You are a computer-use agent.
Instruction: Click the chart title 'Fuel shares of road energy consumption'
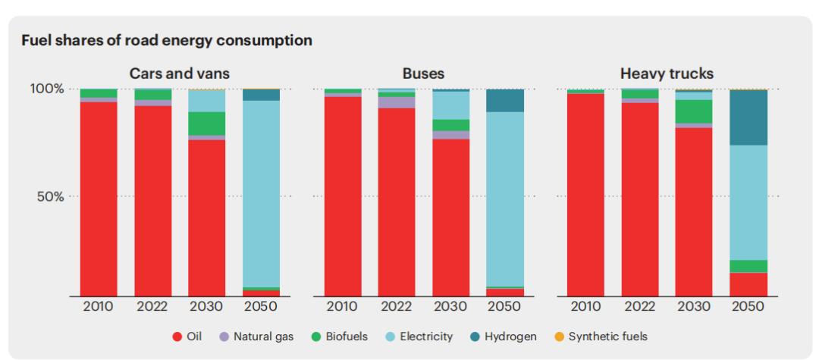pyautogui.click(x=168, y=41)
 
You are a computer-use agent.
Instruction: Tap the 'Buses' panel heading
pyautogui.click(x=423, y=74)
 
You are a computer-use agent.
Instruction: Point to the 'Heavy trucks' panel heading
pyautogui.click(x=667, y=74)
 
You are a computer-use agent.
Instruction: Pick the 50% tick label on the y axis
pyautogui.click(x=49, y=196)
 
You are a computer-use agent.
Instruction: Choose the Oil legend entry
pyautogui.click(x=187, y=336)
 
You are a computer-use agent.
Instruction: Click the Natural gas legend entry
pyautogui.click(x=256, y=336)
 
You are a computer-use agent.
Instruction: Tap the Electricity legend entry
pyautogui.click(x=419, y=336)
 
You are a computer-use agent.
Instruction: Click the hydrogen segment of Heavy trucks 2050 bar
pyautogui.click(x=748, y=117)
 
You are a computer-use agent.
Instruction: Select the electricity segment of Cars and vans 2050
pyautogui.click(x=261, y=193)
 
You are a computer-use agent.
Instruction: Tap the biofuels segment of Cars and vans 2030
pyautogui.click(x=207, y=124)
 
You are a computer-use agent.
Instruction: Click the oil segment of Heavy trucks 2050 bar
pyautogui.click(x=748, y=284)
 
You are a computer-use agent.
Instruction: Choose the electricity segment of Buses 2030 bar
pyautogui.click(x=451, y=105)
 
